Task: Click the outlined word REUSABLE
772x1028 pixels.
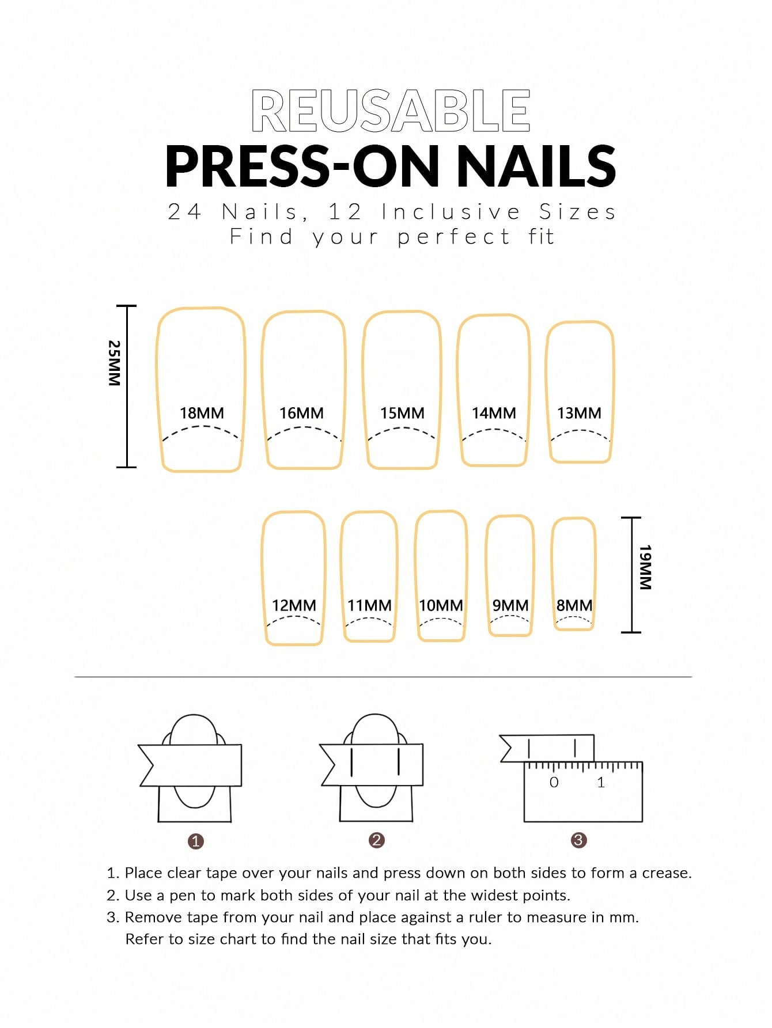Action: [391, 111]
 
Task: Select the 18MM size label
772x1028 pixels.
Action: [202, 413]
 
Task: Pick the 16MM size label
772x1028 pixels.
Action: [301, 413]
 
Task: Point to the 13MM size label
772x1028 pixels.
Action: [579, 413]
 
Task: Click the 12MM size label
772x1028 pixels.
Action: [294, 605]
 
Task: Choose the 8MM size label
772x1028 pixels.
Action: [574, 605]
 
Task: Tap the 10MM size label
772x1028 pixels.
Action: [441, 605]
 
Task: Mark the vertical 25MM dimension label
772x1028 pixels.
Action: [115, 363]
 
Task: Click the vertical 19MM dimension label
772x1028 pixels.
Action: [645, 567]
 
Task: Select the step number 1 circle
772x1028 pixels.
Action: [196, 841]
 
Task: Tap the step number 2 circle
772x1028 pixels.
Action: [376, 840]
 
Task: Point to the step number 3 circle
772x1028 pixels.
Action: [578, 840]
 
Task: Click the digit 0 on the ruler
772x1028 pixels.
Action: [554, 782]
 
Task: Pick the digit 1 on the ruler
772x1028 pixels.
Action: [601, 782]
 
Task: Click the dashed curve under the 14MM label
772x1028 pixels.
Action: [494, 430]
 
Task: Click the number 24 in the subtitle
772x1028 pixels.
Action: [184, 212]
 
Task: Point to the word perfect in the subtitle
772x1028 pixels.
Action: [453, 237]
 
